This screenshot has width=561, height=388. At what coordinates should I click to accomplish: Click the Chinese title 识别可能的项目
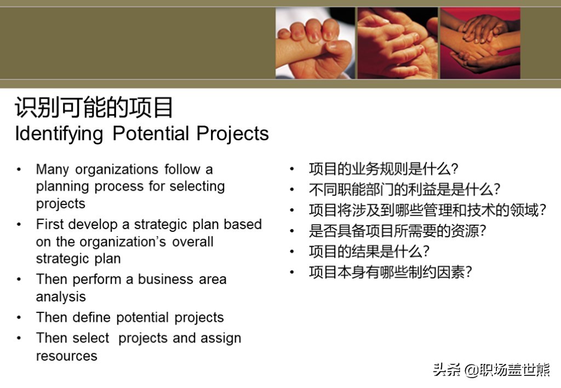pos(94,107)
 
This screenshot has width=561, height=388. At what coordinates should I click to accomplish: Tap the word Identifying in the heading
pos(59,134)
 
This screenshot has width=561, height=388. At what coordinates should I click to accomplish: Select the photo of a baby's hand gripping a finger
pos(315,43)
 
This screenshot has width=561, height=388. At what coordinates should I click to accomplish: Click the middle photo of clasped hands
pos(398,43)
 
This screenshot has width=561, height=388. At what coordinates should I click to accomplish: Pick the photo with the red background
pos(480,43)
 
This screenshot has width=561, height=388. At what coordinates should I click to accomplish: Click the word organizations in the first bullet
pos(117,170)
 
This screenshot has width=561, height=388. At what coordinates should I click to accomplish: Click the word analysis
pos(61,297)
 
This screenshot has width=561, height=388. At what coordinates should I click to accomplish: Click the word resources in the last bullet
pos(66,356)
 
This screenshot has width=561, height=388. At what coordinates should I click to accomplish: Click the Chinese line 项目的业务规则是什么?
pos(383,169)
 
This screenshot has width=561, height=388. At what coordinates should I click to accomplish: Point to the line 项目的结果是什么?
pos(369,252)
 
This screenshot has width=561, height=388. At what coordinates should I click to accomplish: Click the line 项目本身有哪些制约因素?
pos(391,272)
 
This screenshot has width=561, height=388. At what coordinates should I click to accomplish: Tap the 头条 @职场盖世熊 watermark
pos(491,370)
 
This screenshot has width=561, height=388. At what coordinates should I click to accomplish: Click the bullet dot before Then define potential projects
pos(19,317)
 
